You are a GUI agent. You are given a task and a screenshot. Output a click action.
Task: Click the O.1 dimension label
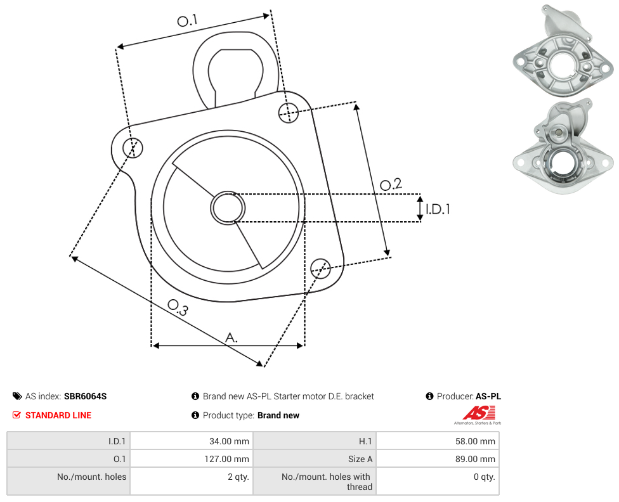(x=187, y=20)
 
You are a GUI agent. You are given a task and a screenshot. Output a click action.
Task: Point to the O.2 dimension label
(x=391, y=184)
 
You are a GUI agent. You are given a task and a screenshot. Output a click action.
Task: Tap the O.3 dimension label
(x=178, y=307)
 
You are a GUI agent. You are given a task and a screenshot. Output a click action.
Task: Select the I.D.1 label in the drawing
(x=438, y=209)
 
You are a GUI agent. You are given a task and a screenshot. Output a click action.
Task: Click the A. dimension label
(x=231, y=338)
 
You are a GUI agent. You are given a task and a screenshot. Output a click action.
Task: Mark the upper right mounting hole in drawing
(x=289, y=112)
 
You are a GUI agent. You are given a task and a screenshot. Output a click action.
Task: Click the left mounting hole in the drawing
(x=133, y=148)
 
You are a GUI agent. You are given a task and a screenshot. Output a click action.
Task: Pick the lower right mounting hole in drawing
(x=320, y=268)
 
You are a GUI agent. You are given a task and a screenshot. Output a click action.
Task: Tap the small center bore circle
(x=228, y=208)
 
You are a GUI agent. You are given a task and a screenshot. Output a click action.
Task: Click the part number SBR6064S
(x=85, y=396)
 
